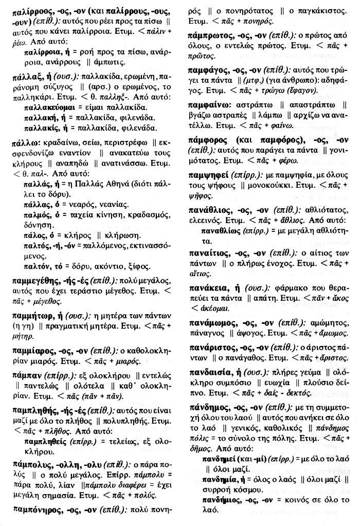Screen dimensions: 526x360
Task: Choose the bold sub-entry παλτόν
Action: tap(39, 267)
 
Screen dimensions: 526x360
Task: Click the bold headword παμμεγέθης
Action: tap(37, 281)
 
